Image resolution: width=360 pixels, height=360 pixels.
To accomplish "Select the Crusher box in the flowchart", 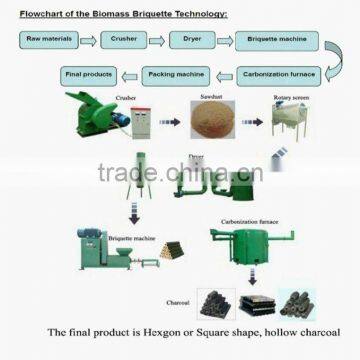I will point(124,40).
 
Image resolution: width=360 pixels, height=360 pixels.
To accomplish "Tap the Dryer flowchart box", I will point(189,40).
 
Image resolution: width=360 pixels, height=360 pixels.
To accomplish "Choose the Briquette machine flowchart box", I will point(271,41).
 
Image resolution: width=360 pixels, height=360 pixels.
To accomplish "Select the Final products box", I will point(88,75).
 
